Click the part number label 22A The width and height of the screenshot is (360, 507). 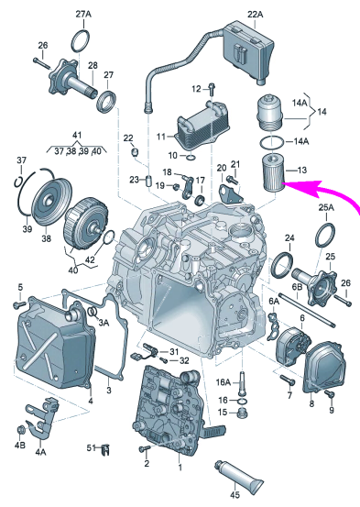pyautogui.click(x=256, y=15)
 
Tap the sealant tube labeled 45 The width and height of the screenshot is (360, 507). pyautogui.click(x=239, y=477)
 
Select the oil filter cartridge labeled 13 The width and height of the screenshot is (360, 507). pyautogui.click(x=273, y=173)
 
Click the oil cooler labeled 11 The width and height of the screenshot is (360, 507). pyautogui.click(x=201, y=127)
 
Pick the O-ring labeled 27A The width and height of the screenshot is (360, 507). pyautogui.click(x=80, y=41)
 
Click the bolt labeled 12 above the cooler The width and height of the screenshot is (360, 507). pyautogui.click(x=212, y=90)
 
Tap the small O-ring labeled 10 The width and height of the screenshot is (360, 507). pyautogui.click(x=191, y=158)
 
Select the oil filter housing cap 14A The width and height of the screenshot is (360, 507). pyautogui.click(x=269, y=112)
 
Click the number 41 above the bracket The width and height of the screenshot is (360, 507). pyautogui.click(x=77, y=135)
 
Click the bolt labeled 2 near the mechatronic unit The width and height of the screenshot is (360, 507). pyautogui.click(x=145, y=448)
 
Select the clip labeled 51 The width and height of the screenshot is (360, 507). pyautogui.click(x=105, y=449)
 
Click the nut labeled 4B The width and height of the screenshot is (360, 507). pyautogui.click(x=21, y=430)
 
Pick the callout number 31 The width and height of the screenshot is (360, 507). pyautogui.click(x=174, y=351)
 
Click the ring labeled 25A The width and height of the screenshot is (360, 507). pyautogui.click(x=325, y=235)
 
